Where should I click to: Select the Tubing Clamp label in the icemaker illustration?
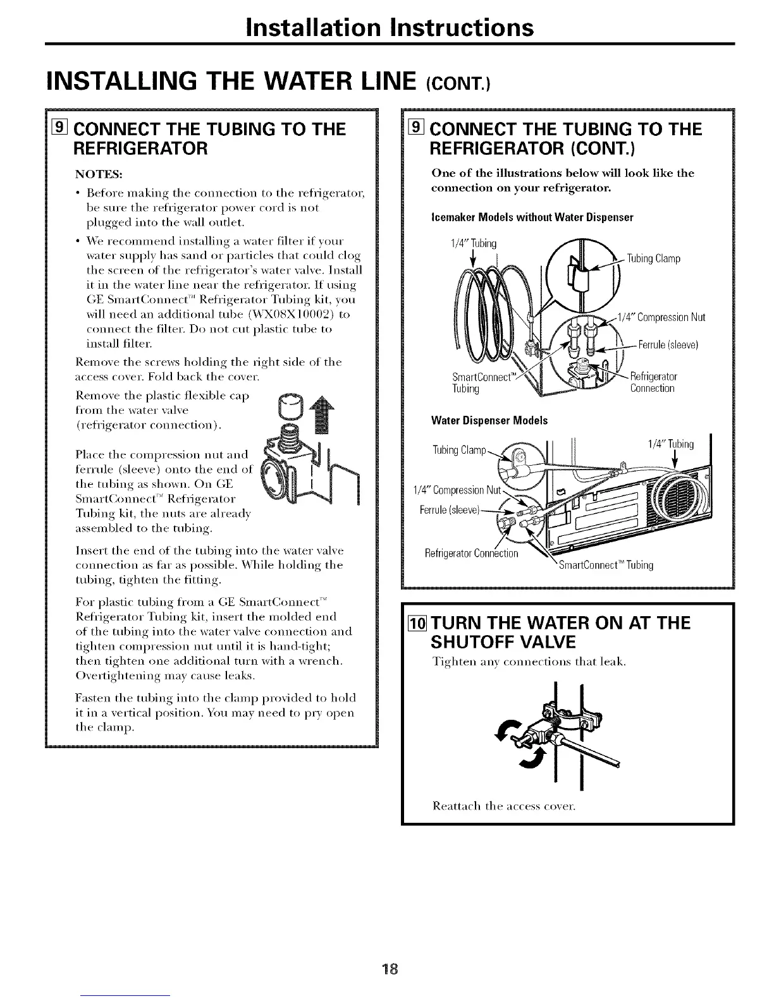point(653,258)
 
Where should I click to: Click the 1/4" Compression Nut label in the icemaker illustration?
point(661,317)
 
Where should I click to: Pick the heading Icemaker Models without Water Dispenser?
point(531,217)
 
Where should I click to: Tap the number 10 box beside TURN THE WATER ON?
point(419,623)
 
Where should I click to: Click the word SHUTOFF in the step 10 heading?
point(482,643)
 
